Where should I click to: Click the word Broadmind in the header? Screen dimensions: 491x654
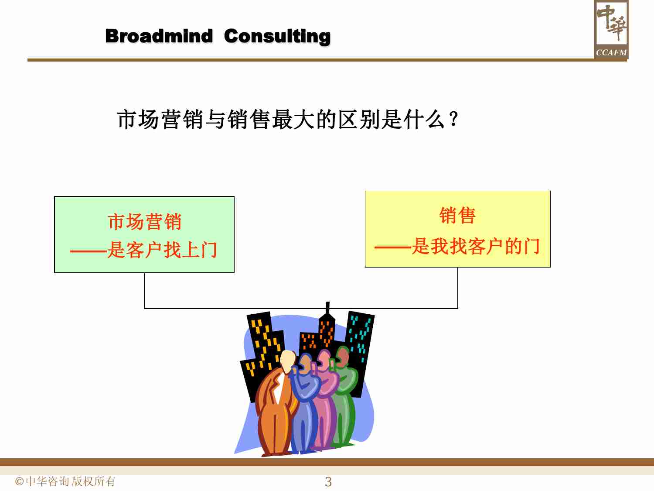(159, 36)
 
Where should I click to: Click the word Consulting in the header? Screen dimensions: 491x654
(277, 36)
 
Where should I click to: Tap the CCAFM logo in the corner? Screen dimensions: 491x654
(611, 30)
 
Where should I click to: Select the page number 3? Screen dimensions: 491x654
(328, 482)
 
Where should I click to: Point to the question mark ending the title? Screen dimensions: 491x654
(453, 119)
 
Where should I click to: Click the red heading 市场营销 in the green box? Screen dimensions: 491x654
(144, 222)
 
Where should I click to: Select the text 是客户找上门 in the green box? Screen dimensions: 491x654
(162, 250)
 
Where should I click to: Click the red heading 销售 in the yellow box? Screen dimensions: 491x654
(457, 216)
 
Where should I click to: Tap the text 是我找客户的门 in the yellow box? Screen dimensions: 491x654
(476, 247)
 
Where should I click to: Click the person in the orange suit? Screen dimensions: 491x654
(274, 410)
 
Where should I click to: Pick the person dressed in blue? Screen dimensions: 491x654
(305, 410)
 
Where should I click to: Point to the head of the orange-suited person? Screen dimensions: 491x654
(288, 361)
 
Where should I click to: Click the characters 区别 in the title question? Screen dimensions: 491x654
(360, 119)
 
